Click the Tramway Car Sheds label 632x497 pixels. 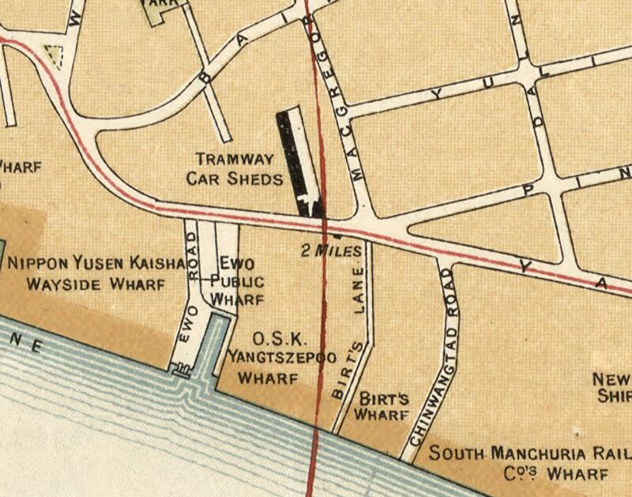[x=234, y=168]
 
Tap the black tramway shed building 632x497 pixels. [x=294, y=158]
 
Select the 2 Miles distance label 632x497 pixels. [x=331, y=251]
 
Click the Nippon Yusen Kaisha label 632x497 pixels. [x=95, y=263]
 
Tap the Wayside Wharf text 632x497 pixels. [x=95, y=284]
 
